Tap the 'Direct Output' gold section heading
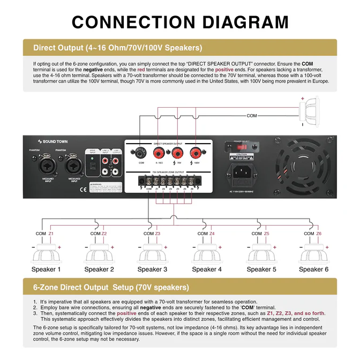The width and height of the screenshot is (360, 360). pos(117,47)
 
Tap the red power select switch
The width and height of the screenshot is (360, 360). pos(255,147)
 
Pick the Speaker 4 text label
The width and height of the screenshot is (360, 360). pos(206,269)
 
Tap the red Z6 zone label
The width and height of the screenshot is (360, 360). pos(319,234)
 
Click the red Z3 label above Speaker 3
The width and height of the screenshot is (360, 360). pos(158,234)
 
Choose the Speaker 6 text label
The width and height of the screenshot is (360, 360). pos(313,269)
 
